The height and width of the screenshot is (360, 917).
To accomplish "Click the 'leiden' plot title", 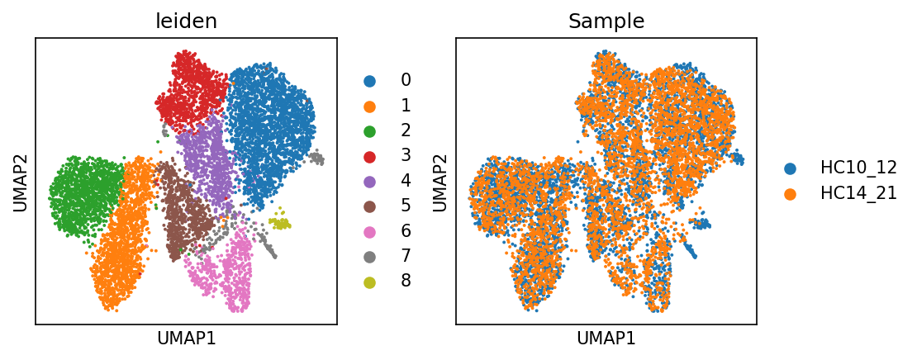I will point(186,21).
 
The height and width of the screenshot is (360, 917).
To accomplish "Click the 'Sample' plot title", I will point(606,21).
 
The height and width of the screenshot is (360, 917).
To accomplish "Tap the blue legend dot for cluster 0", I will point(369,81).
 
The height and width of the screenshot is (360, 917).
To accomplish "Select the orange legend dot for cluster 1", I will point(369,106).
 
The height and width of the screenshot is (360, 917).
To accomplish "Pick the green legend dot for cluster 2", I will point(369,131).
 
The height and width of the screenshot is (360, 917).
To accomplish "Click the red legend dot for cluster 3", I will point(369,156).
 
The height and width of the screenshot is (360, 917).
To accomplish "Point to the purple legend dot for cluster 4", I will point(369,182).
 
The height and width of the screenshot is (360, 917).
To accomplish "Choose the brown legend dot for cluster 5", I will point(369,206).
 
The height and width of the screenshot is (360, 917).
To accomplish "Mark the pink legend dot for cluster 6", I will point(369,232).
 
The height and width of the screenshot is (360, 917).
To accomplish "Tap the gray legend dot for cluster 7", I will point(369,257).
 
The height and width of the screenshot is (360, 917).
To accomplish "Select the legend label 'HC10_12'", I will point(858,168).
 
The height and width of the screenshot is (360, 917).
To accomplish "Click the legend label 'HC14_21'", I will point(858,193).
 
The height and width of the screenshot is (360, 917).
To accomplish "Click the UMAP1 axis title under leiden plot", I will point(186,339).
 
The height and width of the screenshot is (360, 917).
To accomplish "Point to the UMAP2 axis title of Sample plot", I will point(439,181).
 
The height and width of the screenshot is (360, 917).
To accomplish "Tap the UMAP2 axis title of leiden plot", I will point(19,181).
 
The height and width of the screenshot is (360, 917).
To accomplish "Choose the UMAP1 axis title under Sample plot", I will point(606,339).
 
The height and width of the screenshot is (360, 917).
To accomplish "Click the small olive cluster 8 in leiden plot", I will point(282,223).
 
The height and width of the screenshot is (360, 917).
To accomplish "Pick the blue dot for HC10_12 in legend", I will point(791,168).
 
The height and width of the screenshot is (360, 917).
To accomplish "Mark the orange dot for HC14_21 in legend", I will point(791,193).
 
